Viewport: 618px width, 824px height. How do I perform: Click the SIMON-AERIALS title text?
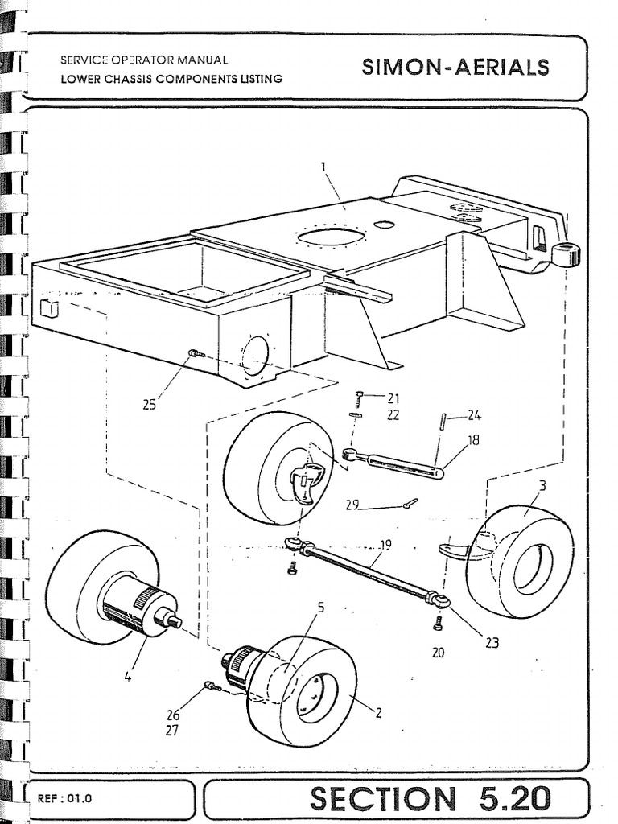tap(455, 68)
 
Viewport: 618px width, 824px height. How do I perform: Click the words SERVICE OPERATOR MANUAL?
tap(144, 60)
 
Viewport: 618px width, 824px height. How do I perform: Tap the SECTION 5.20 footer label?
tap(431, 799)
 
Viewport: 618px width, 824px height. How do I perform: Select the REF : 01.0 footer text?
tap(65, 800)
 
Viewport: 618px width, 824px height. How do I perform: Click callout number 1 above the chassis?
tap(323, 167)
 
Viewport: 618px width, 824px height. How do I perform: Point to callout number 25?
tap(149, 404)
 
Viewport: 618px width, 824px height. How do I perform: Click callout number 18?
tap(473, 440)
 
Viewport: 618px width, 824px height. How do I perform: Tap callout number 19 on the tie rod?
tap(385, 545)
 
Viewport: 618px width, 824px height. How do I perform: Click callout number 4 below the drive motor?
tap(127, 677)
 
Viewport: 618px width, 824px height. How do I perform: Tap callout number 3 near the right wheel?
tap(543, 485)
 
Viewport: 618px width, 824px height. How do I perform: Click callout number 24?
tap(475, 416)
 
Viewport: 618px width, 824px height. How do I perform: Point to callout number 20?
tap(438, 653)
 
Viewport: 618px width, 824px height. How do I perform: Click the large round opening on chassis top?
tap(331, 237)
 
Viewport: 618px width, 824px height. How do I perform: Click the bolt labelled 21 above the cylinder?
tap(359, 396)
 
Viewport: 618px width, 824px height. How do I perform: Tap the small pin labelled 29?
tap(410, 504)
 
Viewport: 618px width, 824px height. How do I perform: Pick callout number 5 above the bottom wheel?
tap(320, 607)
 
